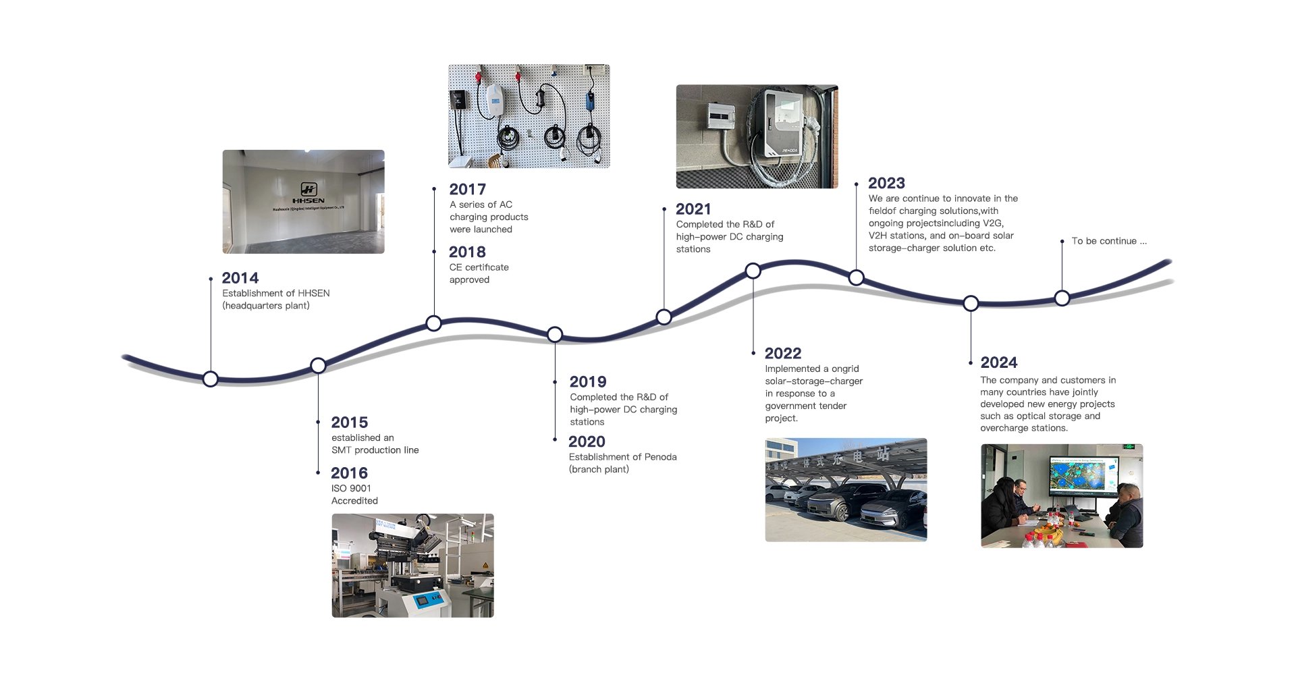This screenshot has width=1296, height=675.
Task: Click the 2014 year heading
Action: pyautogui.click(x=240, y=278)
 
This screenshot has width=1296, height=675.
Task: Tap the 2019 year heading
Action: pyautogui.click(x=588, y=382)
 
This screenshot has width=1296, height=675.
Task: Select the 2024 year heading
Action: pyautogui.click(x=998, y=362)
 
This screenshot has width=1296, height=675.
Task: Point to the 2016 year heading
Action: pyautogui.click(x=349, y=473)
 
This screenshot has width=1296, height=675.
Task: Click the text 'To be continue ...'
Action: pyautogui.click(x=1109, y=241)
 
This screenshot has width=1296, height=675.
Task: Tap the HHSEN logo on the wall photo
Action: pyautogui.click(x=308, y=193)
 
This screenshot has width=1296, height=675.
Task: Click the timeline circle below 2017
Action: pyautogui.click(x=434, y=323)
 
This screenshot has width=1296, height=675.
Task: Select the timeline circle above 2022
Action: pyautogui.click(x=753, y=271)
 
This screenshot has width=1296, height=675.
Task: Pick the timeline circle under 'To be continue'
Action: pyautogui.click(x=1062, y=298)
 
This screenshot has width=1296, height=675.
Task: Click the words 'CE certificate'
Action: pyautogui.click(x=479, y=267)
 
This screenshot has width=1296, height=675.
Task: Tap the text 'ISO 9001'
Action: pyautogui.click(x=351, y=488)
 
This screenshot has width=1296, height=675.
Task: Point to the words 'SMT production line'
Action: pyautogui.click(x=375, y=450)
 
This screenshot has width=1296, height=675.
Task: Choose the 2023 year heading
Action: pyautogui.click(x=886, y=184)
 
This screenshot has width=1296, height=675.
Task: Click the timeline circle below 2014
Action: pyautogui.click(x=211, y=379)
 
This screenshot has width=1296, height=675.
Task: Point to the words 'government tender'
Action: pyautogui.click(x=805, y=406)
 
